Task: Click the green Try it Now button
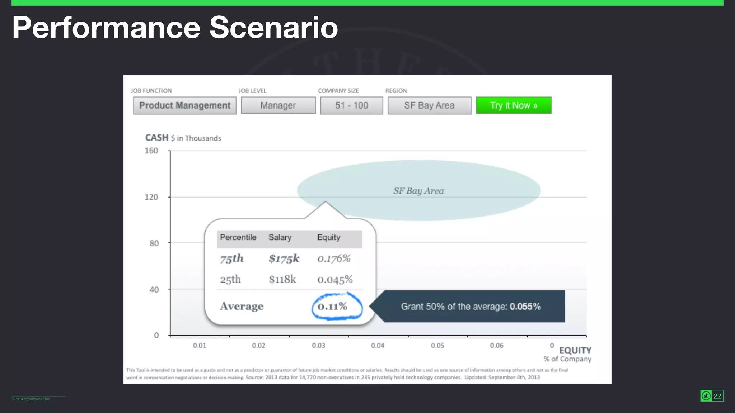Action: pyautogui.click(x=514, y=105)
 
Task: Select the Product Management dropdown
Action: pyautogui.click(x=184, y=105)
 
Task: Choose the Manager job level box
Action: pyautogui.click(x=278, y=105)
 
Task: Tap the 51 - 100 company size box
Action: pyautogui.click(x=351, y=105)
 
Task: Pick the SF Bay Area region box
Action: pyautogui.click(x=429, y=105)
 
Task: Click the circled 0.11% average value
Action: pyautogui.click(x=333, y=307)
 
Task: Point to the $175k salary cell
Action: pyautogui.click(x=284, y=258)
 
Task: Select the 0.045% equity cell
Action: pyautogui.click(x=335, y=280)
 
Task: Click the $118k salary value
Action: pyautogui.click(x=282, y=279)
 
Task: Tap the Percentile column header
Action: pyautogui.click(x=238, y=238)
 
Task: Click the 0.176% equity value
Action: pyautogui.click(x=334, y=258)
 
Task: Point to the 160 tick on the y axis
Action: pyautogui.click(x=151, y=151)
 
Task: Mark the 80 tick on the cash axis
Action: pyautogui.click(x=154, y=243)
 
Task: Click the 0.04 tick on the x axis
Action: pyautogui.click(x=378, y=346)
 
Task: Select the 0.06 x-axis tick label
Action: pyautogui.click(x=497, y=346)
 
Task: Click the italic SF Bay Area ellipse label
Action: pyautogui.click(x=418, y=191)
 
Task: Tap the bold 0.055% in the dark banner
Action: pyautogui.click(x=525, y=307)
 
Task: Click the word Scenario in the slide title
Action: pyautogui.click(x=273, y=28)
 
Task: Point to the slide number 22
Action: pyautogui.click(x=717, y=396)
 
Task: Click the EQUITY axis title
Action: pyautogui.click(x=575, y=351)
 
